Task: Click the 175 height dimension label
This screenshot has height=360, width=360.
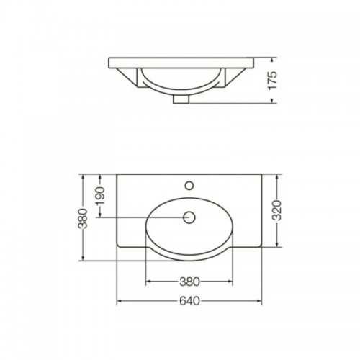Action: [273, 81]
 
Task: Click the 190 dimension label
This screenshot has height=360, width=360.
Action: [100, 196]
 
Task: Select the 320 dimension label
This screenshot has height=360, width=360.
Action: [277, 210]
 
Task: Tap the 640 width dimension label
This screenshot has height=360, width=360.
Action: [189, 301]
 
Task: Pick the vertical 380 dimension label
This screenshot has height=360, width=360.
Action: [83, 218]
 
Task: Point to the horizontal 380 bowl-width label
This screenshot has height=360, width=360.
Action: [189, 282]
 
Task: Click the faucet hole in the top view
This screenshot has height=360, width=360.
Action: [189, 186]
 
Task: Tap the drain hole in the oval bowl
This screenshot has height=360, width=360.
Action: [189, 217]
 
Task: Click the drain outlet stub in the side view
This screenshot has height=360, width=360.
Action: [181, 99]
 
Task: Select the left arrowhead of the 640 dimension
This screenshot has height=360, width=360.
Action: [119, 301]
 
